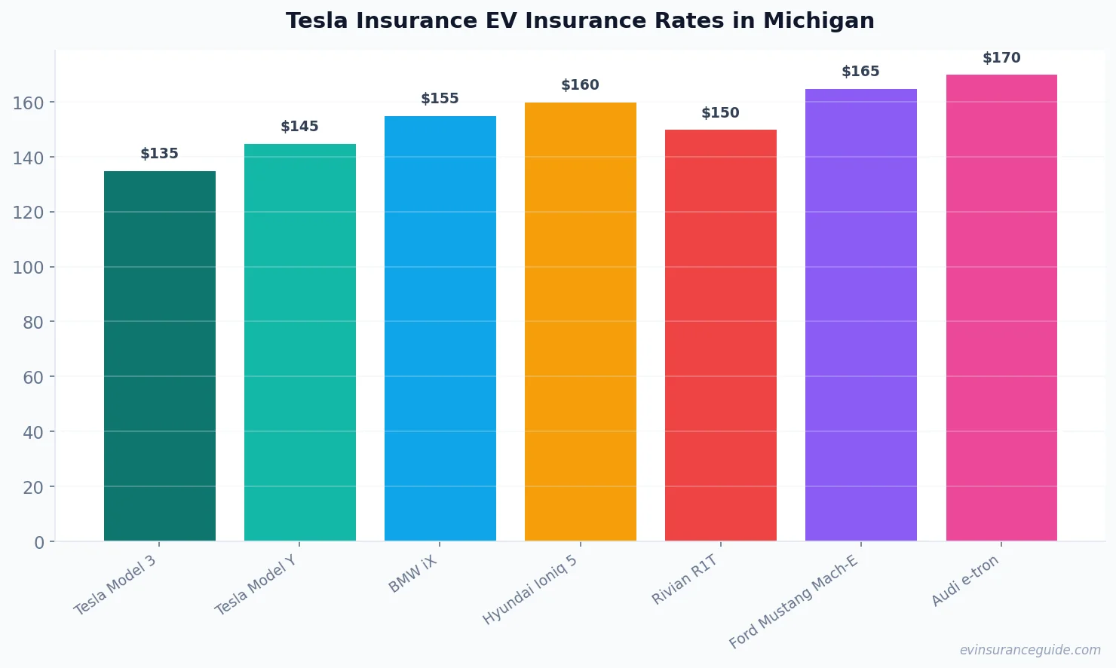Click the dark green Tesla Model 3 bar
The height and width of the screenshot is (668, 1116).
(x=160, y=356)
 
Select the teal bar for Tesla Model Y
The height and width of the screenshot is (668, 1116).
(x=300, y=342)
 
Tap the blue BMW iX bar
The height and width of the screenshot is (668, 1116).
(x=440, y=329)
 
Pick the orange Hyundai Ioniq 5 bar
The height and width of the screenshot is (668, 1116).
(x=581, y=322)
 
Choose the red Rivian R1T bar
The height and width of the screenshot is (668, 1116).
(x=721, y=336)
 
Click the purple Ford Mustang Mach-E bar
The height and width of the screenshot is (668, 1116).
(x=861, y=315)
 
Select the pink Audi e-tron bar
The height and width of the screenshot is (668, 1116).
(x=1001, y=308)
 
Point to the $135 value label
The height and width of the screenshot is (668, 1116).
(x=160, y=154)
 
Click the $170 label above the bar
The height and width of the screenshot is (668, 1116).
(x=1001, y=58)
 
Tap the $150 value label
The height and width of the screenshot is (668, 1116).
(x=721, y=113)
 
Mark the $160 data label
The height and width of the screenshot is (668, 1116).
(x=581, y=85)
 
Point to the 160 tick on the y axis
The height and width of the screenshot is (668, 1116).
(x=29, y=103)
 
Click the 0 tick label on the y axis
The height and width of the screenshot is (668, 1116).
(x=39, y=543)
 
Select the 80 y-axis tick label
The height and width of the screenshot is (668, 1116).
(x=33, y=323)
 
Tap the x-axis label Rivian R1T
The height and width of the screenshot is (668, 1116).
(x=685, y=580)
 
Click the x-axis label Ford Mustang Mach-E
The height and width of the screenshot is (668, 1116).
(x=793, y=602)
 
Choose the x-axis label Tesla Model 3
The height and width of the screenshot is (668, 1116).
(x=115, y=585)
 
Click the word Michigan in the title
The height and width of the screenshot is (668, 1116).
(x=818, y=21)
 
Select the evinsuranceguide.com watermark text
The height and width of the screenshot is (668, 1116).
(x=1030, y=650)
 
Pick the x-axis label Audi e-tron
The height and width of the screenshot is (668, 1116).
(x=965, y=581)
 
